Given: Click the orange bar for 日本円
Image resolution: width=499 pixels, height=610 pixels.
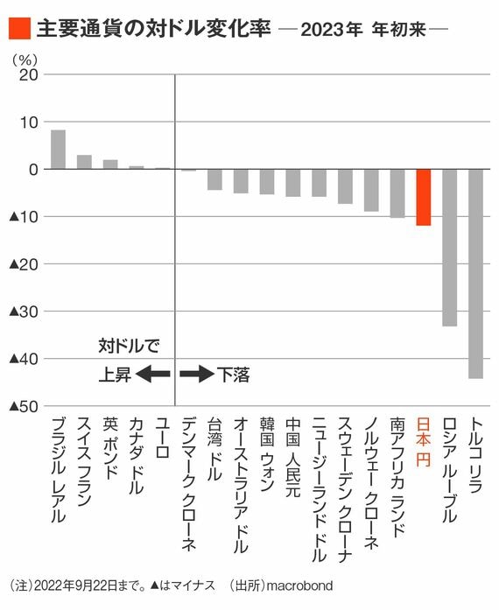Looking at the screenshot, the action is click(x=424, y=197).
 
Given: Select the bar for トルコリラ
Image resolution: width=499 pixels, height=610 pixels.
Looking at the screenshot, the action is click(x=475, y=274).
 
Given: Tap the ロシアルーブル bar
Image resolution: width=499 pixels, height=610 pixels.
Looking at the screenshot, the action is click(x=450, y=248).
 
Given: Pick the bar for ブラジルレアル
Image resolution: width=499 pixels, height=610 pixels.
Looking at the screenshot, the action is click(x=59, y=150).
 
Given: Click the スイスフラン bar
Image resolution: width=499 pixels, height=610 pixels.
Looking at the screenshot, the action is click(x=84, y=162).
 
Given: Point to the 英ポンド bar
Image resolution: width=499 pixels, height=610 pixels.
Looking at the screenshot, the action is click(x=110, y=165).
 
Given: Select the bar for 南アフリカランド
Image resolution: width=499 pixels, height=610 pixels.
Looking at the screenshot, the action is click(x=397, y=193).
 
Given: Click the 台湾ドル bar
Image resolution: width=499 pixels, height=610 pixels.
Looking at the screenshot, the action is click(x=214, y=179).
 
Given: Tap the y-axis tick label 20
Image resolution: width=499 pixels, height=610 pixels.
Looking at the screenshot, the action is click(x=29, y=74).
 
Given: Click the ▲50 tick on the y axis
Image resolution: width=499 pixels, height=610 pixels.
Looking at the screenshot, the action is click(x=24, y=407).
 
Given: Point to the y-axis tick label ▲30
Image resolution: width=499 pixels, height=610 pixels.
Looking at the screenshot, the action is click(x=24, y=312).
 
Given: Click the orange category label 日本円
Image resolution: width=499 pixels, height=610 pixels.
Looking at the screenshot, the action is click(x=424, y=442).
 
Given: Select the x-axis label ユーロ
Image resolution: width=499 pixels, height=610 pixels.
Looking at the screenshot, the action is click(x=162, y=438).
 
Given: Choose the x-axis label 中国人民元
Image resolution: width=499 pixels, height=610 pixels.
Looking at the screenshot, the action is click(x=293, y=458).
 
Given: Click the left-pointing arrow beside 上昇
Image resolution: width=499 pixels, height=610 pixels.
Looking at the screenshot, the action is click(x=153, y=375).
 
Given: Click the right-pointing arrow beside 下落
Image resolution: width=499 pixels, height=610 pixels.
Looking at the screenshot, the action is click(x=197, y=375).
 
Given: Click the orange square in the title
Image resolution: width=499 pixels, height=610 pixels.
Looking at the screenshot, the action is click(x=19, y=28).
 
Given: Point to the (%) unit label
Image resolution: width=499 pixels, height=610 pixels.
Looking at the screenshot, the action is click(x=25, y=60).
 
